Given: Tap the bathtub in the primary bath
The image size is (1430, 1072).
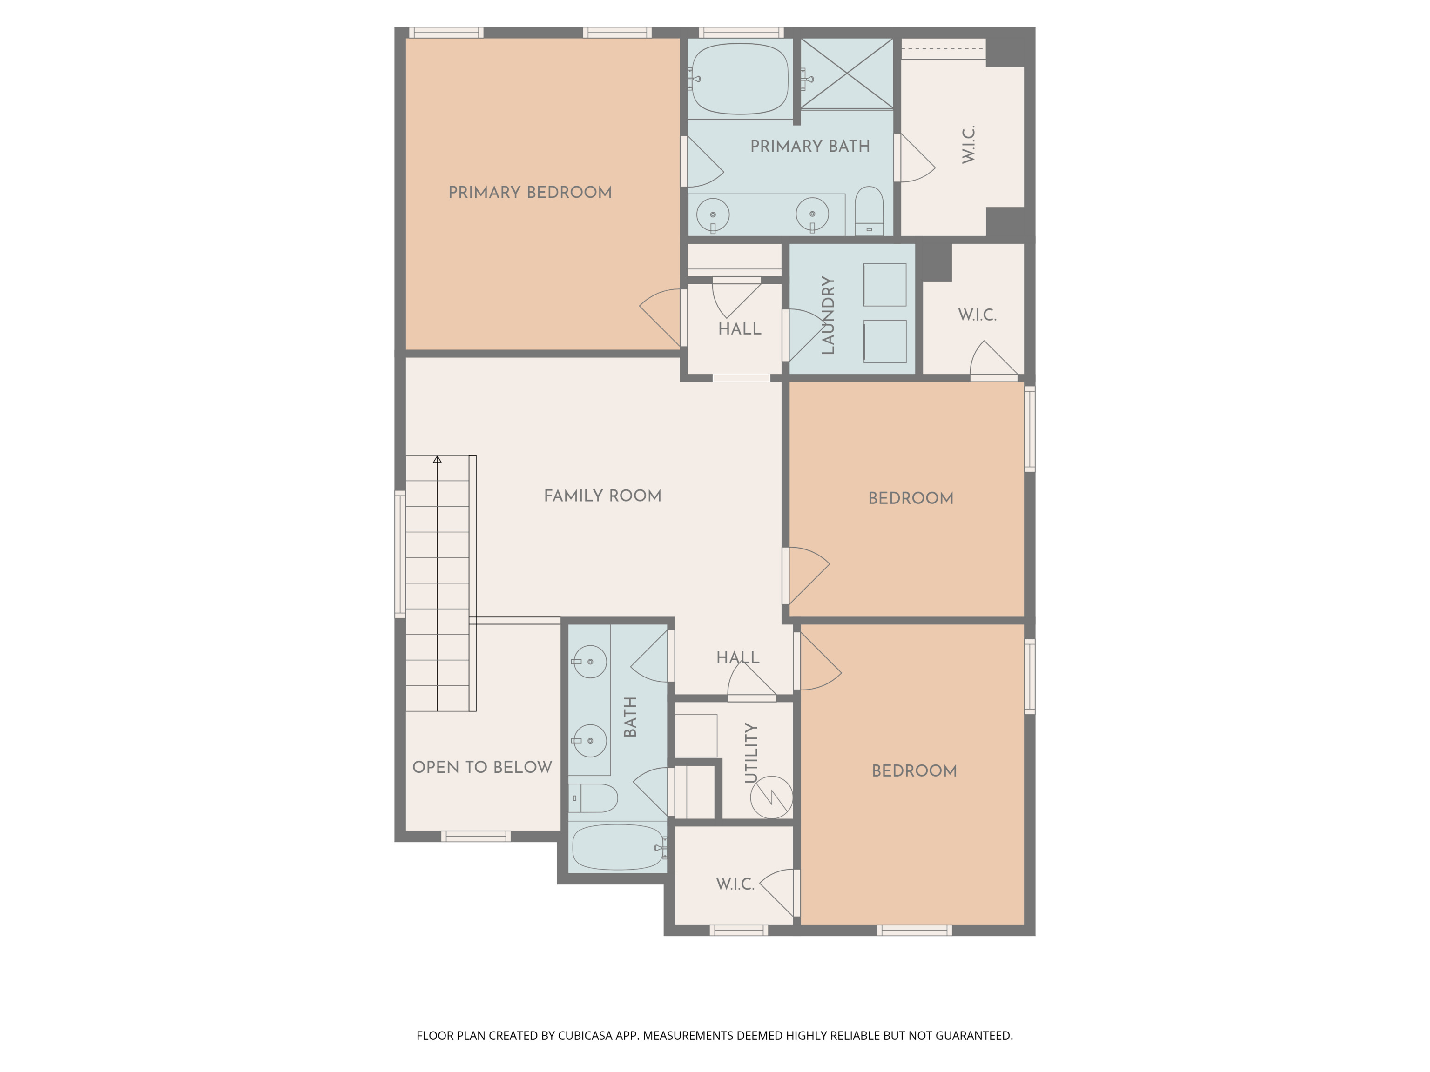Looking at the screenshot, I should (x=740, y=79).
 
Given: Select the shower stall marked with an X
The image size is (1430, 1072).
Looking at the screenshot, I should (x=847, y=73).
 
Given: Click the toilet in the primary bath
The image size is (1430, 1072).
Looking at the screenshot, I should (x=869, y=210).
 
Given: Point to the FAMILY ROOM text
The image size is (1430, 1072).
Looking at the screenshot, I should (x=602, y=496).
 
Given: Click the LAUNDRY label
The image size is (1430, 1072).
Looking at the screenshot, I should (x=828, y=315).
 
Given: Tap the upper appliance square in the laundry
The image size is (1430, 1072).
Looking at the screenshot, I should (x=884, y=284).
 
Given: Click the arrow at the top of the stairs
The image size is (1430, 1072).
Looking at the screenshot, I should (x=438, y=459).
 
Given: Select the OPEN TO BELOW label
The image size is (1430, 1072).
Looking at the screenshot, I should (x=482, y=767).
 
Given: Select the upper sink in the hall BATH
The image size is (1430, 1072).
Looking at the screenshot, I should (x=590, y=662).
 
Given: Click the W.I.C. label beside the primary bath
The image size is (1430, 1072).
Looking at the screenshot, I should (x=968, y=145).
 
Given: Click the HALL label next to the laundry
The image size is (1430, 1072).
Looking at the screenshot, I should (x=740, y=329).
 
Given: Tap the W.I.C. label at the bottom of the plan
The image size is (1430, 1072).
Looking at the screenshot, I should (x=735, y=884).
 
